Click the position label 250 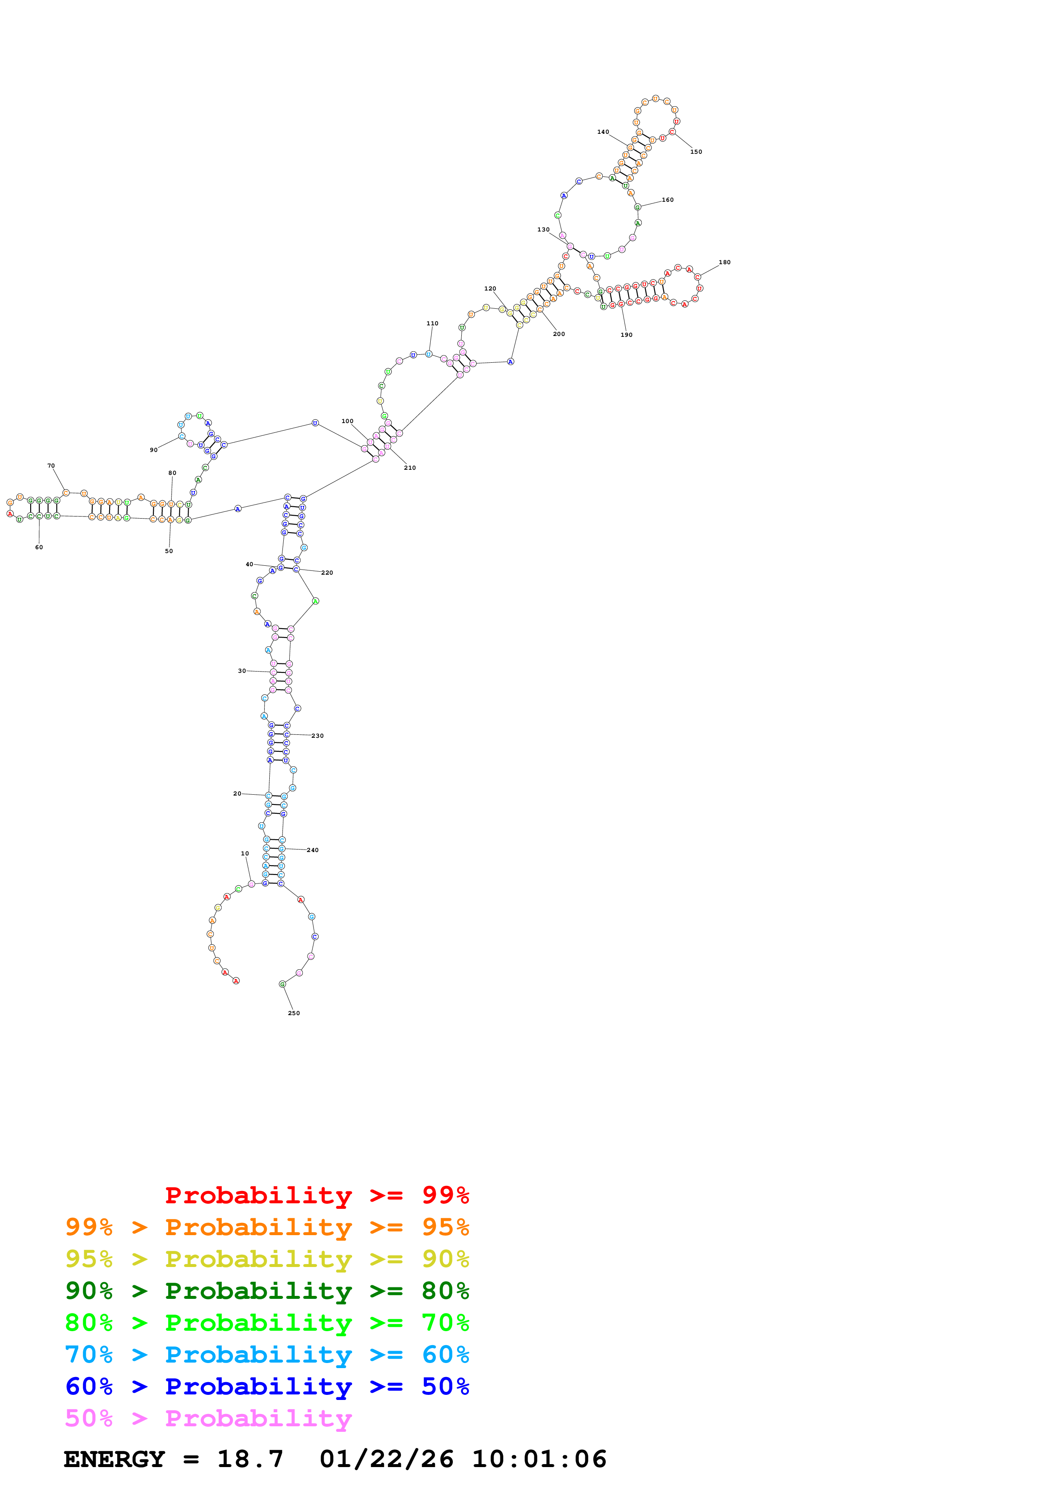[294, 1013]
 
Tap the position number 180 [725, 262]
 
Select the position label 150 [696, 152]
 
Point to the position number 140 [603, 132]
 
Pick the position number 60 [39, 547]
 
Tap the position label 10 [245, 853]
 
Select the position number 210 [410, 467]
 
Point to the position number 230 [317, 736]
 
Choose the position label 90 [154, 450]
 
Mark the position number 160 [668, 200]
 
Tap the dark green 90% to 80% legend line [267, 1291]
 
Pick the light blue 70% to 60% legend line [267, 1355]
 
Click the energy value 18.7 [251, 1459]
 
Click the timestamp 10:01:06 [539, 1459]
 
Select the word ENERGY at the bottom [114, 1459]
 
